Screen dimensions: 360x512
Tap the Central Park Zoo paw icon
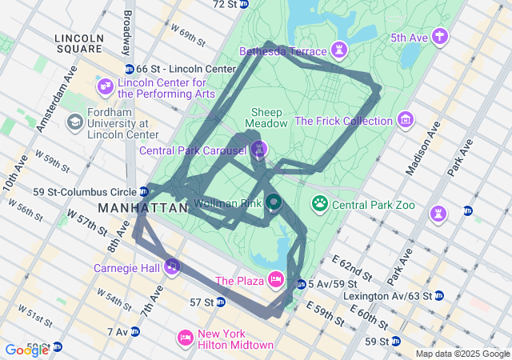pos(320,204)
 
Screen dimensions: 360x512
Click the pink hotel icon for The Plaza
pos(275,278)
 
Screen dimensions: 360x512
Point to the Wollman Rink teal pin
pos(273,202)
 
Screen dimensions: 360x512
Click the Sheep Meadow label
pos(267,118)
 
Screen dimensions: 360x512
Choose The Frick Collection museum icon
pos(406,120)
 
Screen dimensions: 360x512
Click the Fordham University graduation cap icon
pos(75,122)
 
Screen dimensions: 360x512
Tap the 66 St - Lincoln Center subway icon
pos(130,70)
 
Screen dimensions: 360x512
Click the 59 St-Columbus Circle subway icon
pos(143,191)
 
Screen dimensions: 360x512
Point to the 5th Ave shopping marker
pos(438,36)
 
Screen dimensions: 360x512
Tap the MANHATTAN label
pos(142,208)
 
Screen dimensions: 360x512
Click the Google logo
pos(26,350)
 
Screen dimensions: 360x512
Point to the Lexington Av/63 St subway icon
pos(438,295)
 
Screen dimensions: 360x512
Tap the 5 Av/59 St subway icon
pos(301,284)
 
